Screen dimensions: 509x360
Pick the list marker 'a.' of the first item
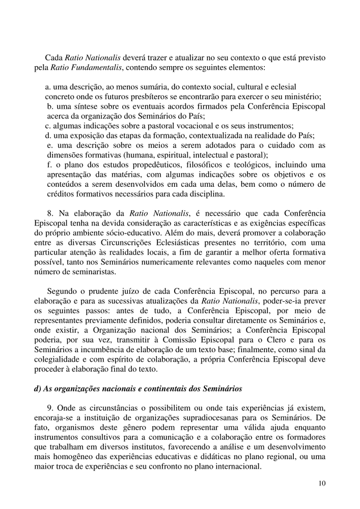pos(48,87)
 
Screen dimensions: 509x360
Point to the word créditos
pos(61,194)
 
